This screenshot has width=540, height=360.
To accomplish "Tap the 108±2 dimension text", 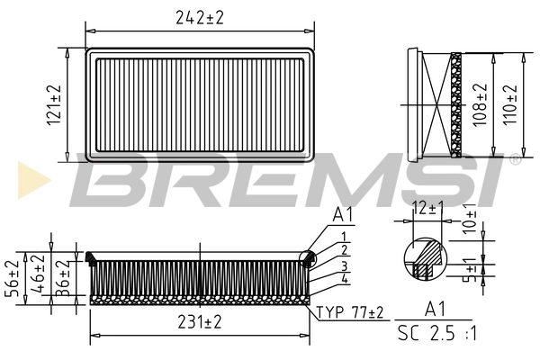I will pos(481,104).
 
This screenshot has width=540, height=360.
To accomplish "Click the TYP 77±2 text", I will pos(350,312).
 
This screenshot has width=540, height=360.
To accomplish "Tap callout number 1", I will pos(344,236).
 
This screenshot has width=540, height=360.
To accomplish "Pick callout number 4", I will pos(344,279).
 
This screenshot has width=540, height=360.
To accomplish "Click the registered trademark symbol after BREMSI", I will pos(514,160).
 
